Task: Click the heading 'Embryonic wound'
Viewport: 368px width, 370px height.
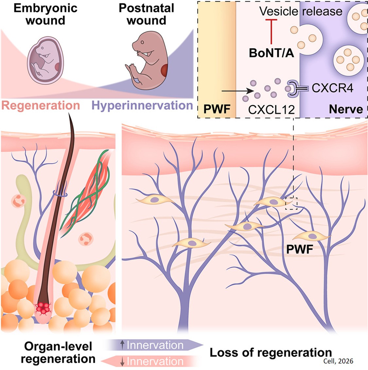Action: [x=45, y=14]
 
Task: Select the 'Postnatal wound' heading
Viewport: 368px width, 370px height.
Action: [x=146, y=14]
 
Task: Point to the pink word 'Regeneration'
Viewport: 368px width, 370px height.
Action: [x=41, y=105]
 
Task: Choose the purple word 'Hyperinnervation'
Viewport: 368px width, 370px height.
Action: [x=142, y=105]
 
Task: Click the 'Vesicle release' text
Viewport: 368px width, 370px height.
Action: [x=301, y=11]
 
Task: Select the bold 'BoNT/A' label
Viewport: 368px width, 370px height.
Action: [x=271, y=53]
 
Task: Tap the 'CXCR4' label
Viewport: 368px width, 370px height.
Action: [x=332, y=88]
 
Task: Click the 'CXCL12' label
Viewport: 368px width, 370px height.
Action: [x=271, y=109]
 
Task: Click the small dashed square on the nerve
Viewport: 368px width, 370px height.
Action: [x=291, y=203]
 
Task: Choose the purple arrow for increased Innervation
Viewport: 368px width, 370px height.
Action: [x=154, y=345]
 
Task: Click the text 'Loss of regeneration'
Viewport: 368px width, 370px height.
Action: [x=271, y=353]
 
